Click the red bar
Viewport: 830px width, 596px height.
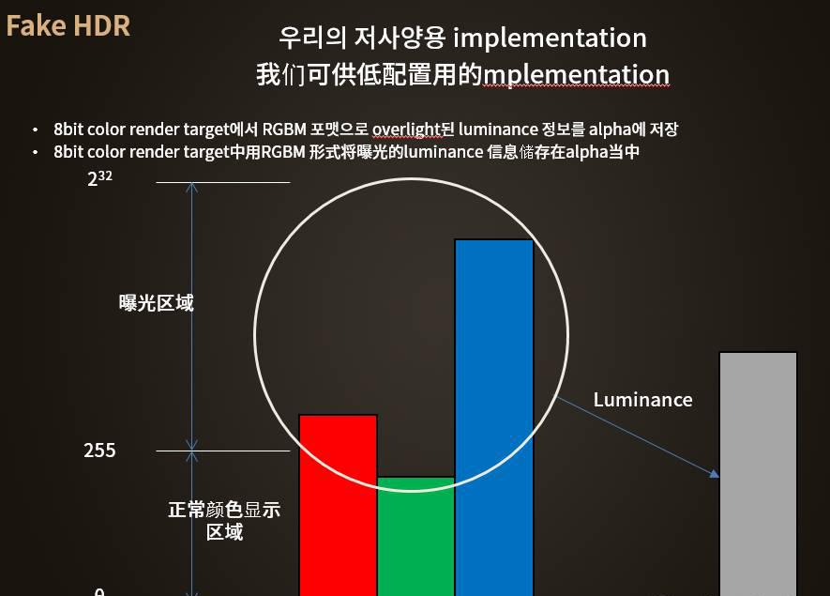(x=339, y=505)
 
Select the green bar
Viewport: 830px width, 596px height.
(x=416, y=536)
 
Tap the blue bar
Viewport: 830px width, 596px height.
(x=494, y=418)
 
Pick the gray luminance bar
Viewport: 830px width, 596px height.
(x=758, y=474)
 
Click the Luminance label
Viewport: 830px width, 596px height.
(x=642, y=400)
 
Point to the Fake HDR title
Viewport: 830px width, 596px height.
(x=68, y=26)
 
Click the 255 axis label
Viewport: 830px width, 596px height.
(x=99, y=451)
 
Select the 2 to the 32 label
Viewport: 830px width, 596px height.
(x=99, y=178)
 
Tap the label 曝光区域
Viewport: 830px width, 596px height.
(x=157, y=303)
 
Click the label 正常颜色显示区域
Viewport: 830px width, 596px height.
(x=224, y=521)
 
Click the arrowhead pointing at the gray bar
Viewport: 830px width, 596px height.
(x=714, y=473)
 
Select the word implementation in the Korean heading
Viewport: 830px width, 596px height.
(x=550, y=38)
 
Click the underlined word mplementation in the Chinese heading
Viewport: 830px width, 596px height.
(x=577, y=75)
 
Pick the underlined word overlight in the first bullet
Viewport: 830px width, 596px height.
(x=406, y=130)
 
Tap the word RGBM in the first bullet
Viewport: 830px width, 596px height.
(x=284, y=130)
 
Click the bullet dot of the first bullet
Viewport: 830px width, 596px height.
(x=35, y=130)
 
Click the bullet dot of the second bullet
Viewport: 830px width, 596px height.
(x=35, y=153)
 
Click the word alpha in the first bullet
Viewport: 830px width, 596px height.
(x=610, y=130)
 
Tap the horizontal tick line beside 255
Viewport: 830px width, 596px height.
(x=223, y=451)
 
